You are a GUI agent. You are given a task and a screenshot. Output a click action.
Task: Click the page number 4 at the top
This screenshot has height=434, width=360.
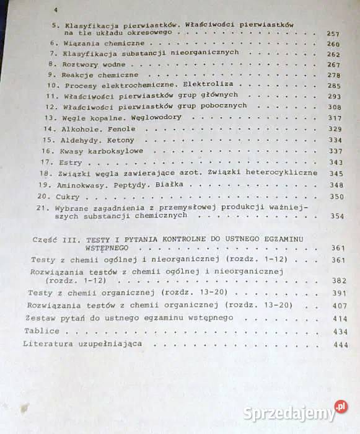[56, 11]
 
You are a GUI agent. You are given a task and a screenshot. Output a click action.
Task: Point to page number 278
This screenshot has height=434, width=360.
[335, 74]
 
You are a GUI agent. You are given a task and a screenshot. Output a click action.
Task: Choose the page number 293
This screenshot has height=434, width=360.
[335, 96]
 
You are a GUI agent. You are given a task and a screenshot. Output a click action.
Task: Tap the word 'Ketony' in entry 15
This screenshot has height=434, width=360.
[120, 140]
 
